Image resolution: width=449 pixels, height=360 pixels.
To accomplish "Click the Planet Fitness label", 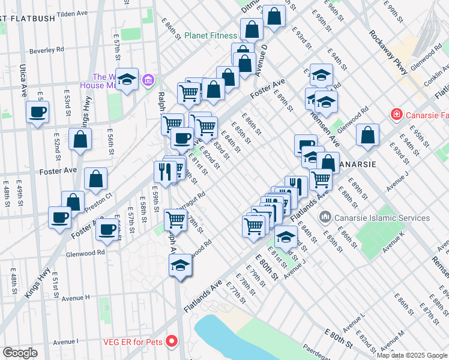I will click(211, 35).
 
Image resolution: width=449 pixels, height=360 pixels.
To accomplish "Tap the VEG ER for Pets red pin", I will click(172, 341).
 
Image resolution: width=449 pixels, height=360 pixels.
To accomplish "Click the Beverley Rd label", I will click(46, 51).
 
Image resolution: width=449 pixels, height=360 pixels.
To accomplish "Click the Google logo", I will click(20, 353).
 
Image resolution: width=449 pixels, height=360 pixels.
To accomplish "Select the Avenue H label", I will click(75, 298).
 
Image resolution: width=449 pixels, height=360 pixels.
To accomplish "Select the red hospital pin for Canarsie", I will click(396, 113).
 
